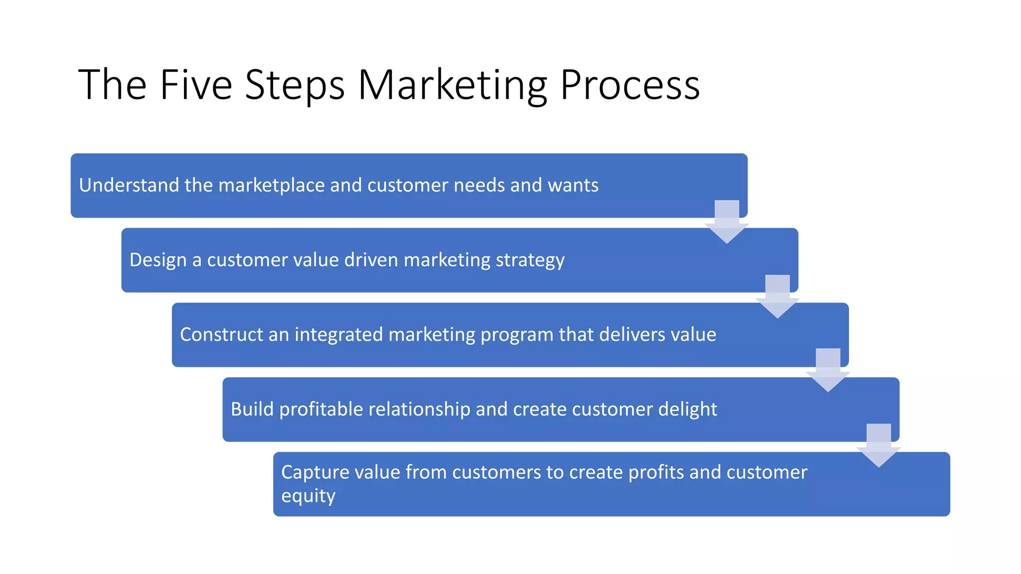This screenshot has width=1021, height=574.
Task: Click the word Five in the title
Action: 195,85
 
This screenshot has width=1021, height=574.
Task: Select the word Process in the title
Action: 630,85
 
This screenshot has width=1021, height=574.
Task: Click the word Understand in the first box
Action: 129,185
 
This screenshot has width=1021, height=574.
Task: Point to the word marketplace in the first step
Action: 272,185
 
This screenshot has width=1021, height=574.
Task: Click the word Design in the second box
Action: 158,260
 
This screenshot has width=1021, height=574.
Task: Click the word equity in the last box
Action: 308,496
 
